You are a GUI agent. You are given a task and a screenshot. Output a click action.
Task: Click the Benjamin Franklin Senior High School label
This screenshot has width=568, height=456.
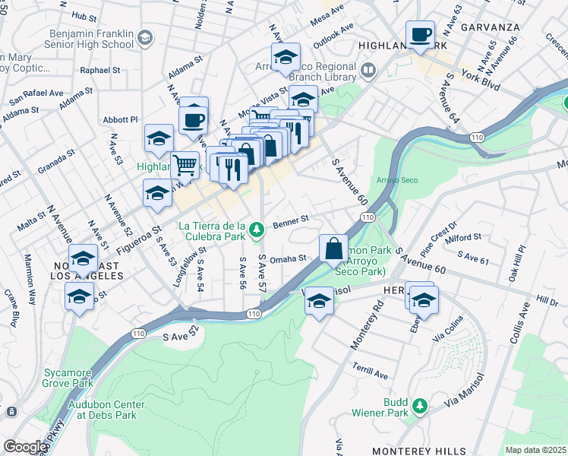point(90,41)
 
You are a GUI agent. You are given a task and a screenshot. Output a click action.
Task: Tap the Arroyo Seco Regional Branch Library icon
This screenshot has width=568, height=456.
point(369,71)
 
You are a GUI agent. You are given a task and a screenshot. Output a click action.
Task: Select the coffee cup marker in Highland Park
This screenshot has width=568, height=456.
point(419,34)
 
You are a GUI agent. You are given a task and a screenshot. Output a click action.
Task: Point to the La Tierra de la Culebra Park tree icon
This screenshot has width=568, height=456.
point(257,228)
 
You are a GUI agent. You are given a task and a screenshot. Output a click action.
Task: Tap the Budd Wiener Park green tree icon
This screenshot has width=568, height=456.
point(419,407)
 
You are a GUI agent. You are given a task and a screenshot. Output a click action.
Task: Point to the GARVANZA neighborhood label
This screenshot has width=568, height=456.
point(493,27)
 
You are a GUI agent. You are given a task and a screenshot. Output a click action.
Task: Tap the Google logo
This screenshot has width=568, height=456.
point(25,446)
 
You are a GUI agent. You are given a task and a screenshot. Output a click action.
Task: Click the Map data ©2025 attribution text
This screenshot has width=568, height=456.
point(535,450)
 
